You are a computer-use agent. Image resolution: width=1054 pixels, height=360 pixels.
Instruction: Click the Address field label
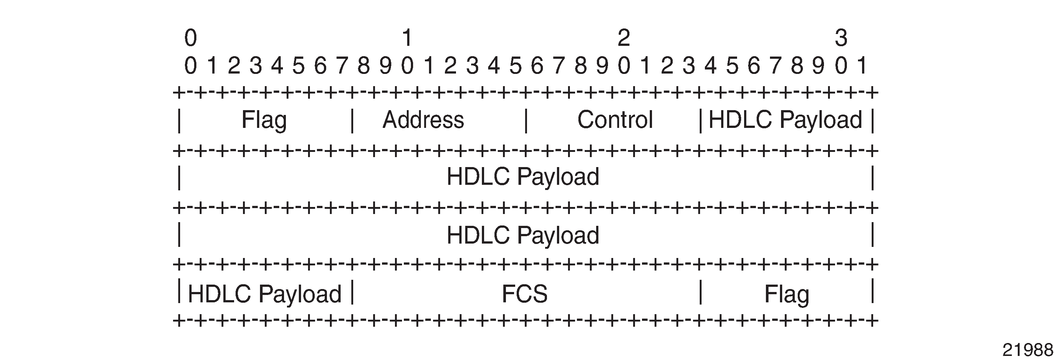pos(423,120)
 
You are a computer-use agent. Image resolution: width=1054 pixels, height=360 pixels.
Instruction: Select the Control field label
pos(615,120)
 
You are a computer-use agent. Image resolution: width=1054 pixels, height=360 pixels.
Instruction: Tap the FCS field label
pos(524,294)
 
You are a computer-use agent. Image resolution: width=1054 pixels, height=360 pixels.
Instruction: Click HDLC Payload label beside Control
pos(785,120)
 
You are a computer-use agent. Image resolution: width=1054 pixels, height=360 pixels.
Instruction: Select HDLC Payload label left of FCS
pos(265,294)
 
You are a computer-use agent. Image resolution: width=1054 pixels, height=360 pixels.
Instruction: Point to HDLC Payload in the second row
pos(523,177)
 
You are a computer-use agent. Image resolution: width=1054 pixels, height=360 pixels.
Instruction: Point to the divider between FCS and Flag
pos(700,292)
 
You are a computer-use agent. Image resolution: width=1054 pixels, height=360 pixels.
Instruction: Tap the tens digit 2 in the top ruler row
pos(624,38)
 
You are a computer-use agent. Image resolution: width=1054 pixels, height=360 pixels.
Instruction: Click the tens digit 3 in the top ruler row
pos(841,38)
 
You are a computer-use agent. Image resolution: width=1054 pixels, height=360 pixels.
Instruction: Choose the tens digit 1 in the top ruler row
pos(407,38)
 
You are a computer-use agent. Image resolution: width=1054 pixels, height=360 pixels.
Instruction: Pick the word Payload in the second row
pos(558,177)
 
